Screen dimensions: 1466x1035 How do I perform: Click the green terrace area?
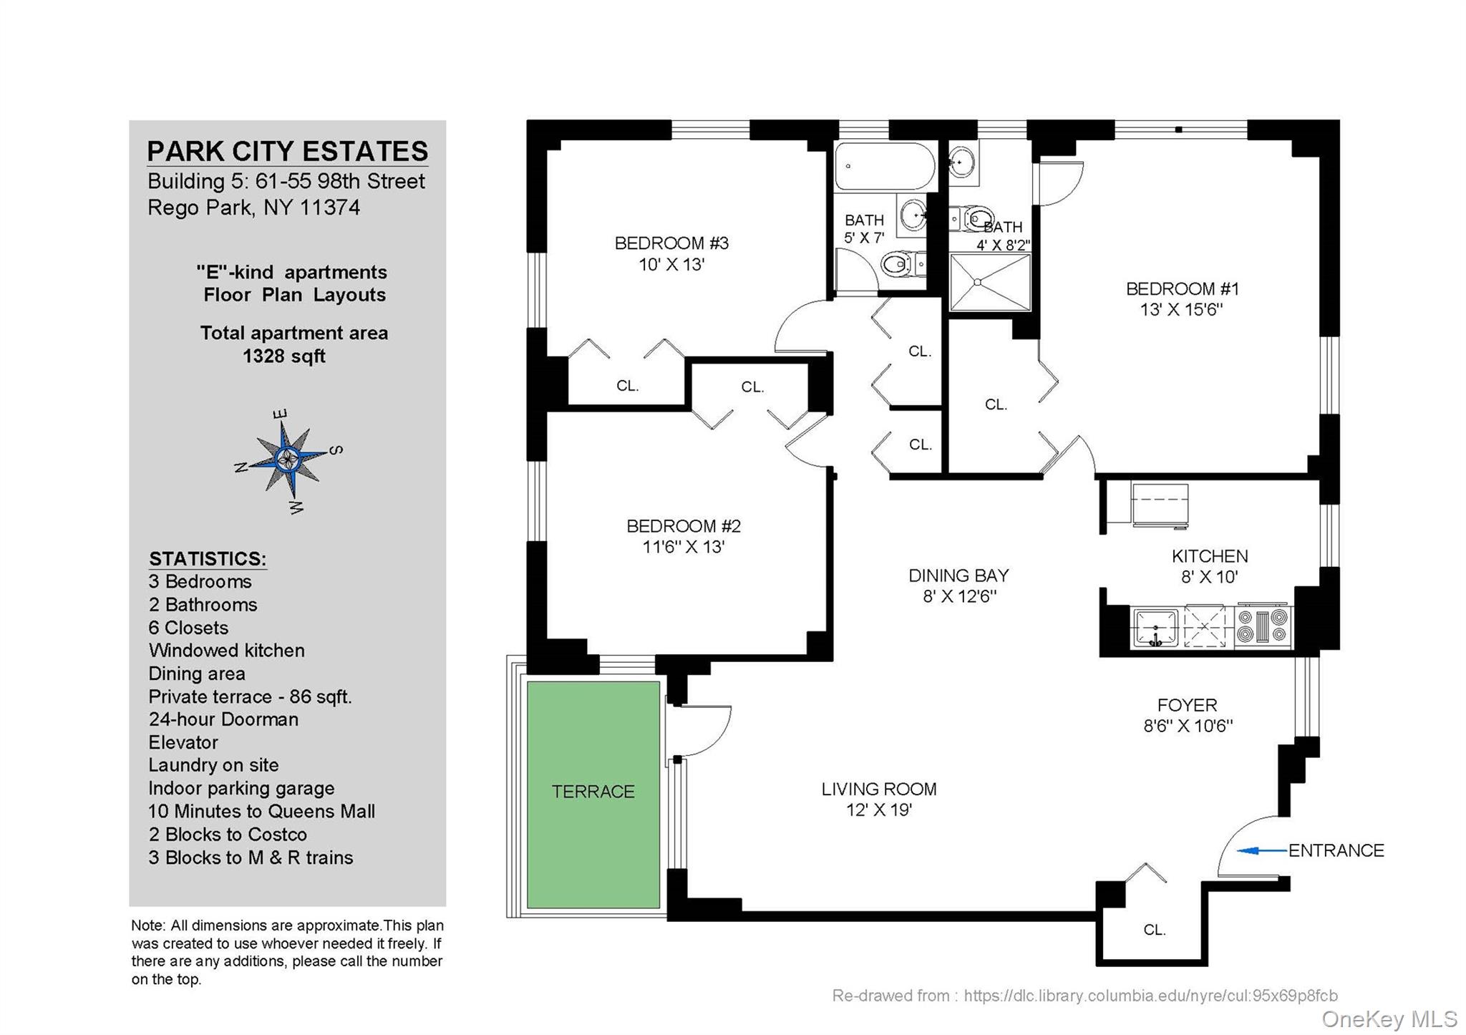593,795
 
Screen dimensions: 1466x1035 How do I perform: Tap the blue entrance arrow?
1262,850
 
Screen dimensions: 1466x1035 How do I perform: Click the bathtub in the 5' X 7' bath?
885,166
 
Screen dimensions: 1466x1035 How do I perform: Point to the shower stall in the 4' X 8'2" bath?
990,282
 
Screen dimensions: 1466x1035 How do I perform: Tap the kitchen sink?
1155,628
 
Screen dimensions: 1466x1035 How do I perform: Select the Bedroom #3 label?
671,243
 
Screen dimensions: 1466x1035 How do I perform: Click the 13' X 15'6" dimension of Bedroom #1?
1182,310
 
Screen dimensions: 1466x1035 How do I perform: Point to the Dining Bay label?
958,575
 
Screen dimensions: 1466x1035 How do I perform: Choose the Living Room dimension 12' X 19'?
879,810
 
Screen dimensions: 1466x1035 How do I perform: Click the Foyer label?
1188,705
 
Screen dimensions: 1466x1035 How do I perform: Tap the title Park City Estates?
288,152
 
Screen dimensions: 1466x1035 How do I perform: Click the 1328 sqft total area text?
284,356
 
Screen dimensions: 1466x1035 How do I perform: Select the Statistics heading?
208,559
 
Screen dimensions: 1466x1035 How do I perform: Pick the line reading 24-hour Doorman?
223,719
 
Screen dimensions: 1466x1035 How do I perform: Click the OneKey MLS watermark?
1389,1019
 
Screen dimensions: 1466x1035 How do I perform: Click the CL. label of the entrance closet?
1155,930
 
